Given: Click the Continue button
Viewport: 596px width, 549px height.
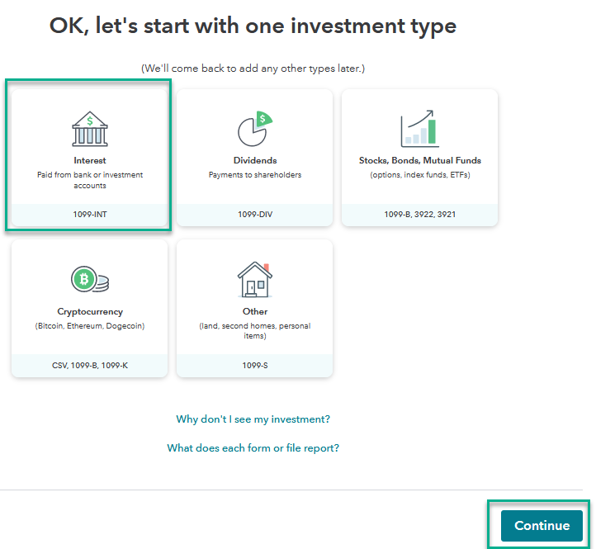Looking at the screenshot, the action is pos(542,525).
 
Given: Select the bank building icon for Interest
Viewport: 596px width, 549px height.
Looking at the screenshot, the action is pos(90,129).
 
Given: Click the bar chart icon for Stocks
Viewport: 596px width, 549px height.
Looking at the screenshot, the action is pos(419,129).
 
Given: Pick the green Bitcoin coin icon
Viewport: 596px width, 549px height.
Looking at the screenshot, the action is pos(84,279).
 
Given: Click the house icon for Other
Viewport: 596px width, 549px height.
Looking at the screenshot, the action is pos(255,279).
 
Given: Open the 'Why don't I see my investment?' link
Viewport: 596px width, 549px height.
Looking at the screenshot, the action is pos(253,419).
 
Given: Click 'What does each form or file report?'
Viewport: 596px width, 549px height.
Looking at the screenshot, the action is pos(253,447).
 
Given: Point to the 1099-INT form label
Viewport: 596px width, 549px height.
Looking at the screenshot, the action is pos(90,215).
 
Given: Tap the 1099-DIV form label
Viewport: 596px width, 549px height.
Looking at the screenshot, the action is pos(255,215).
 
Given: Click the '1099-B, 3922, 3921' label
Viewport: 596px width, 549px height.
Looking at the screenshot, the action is pos(419,215).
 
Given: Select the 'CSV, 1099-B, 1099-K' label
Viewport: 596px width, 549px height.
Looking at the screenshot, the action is pos(90,366).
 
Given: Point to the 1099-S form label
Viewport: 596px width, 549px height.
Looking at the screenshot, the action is pos(255,366).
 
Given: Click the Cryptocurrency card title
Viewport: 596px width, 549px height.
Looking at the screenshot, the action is pos(90,312).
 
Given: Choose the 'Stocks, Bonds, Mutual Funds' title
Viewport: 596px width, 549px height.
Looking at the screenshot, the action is pos(419,160).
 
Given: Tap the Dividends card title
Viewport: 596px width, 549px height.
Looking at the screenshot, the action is pos(255,160).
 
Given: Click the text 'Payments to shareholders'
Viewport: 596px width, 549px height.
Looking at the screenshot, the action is pos(255,175).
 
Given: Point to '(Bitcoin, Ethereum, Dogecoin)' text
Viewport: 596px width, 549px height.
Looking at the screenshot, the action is pos(90,326).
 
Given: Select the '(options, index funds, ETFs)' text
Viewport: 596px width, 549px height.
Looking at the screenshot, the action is pos(419,175).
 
